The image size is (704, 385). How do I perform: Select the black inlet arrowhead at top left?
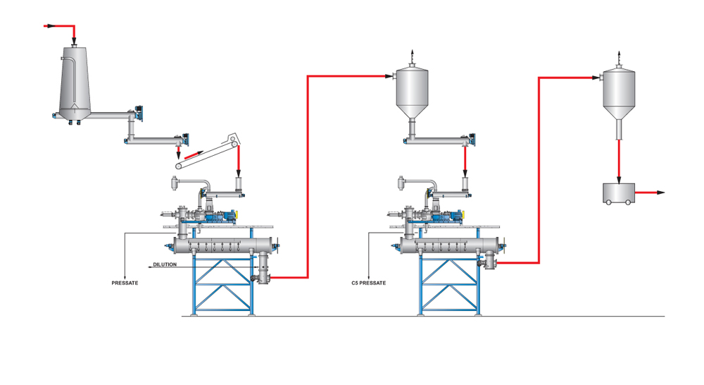click(x=49, y=26)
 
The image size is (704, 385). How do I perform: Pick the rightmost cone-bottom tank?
click(x=619, y=92)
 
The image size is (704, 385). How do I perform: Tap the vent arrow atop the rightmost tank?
click(x=619, y=54)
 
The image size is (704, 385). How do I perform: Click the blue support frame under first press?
click(x=224, y=286)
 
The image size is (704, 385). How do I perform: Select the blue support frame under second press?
click(x=451, y=286)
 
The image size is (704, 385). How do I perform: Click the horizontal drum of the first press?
click(x=218, y=245)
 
